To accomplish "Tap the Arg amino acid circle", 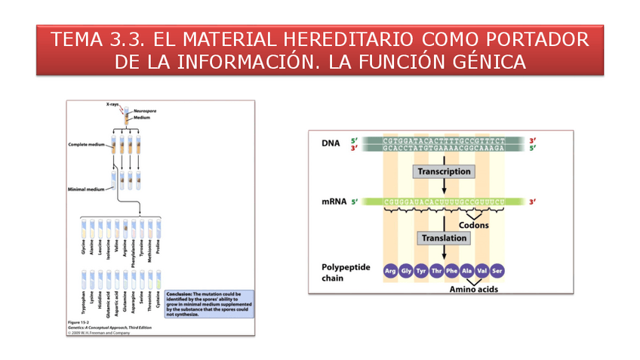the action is point(390,271).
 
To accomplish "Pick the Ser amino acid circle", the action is point(497,271).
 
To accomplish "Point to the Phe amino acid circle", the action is point(451,271).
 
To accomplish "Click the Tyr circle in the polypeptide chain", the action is point(421,271).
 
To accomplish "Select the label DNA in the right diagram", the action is point(331,143).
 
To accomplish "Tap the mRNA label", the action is point(334,202).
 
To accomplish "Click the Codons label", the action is point(473,225).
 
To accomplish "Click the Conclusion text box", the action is point(209,304).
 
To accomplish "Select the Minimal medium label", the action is point(88,189).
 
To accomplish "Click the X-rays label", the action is point(113,104).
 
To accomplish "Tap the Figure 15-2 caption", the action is point(79,322).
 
